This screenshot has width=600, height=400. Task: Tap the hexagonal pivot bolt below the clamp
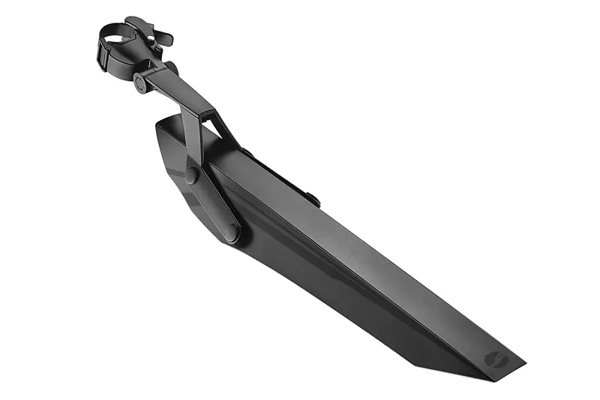pos(139,83)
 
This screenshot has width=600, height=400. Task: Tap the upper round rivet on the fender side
pos(192,176)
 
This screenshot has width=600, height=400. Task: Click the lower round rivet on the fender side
pos(232,231)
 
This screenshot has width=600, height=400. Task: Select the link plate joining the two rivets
pos(212,203)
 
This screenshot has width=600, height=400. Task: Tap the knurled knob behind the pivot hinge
pos(172,68)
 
